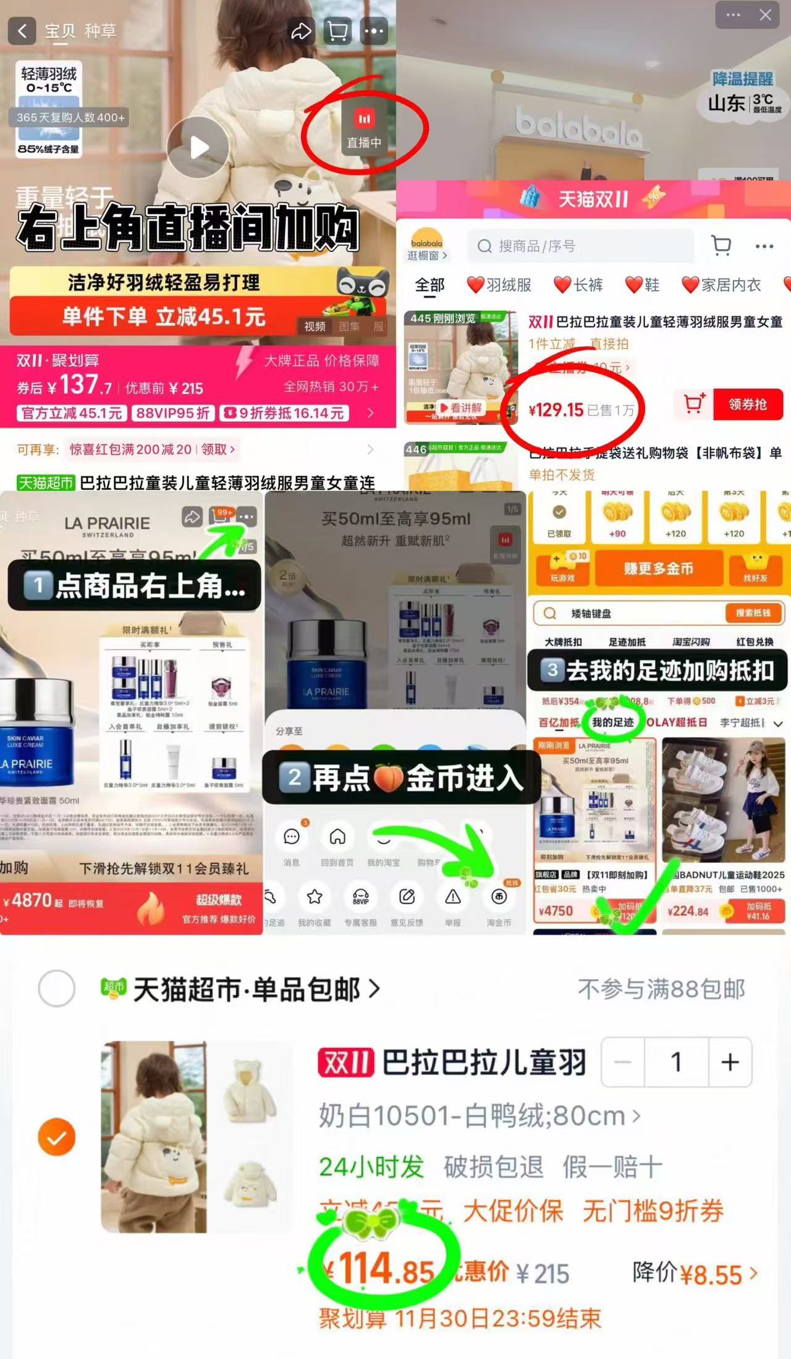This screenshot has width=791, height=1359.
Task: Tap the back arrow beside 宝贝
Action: [22, 31]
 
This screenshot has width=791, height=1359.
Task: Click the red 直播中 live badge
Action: [364, 129]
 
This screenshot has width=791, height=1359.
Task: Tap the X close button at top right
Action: [765, 15]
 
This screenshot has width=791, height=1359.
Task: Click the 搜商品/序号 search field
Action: [581, 247]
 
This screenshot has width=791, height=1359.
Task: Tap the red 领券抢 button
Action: [748, 405]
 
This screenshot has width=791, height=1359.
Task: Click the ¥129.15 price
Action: [556, 410]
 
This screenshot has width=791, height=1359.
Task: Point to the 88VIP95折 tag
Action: [173, 413]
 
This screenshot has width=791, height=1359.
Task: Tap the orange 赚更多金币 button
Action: [658, 569]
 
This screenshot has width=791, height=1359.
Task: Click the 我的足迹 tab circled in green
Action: [612, 722]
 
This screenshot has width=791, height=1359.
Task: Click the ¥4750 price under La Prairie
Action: [556, 911]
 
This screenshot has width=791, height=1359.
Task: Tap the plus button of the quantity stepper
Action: [730, 1062]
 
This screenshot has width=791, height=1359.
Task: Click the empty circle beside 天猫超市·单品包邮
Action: [57, 989]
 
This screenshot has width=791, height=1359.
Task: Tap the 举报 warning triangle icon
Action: [453, 897]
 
